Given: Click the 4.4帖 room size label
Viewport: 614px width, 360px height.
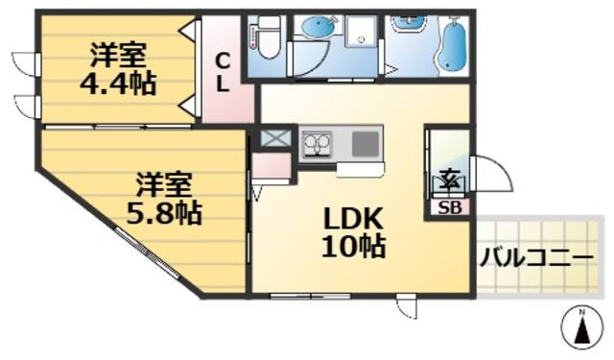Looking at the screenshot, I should (x=117, y=84).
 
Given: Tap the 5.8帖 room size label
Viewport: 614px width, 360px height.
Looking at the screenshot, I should (x=163, y=211).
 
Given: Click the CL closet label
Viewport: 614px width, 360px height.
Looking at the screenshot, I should (x=222, y=72).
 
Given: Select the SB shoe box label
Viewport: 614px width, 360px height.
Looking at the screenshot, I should (x=448, y=206).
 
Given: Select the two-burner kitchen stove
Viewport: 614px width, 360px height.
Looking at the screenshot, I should (x=317, y=145).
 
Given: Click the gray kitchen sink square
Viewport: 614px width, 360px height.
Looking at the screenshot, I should (x=365, y=145).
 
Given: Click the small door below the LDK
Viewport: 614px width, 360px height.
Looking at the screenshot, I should (x=408, y=308).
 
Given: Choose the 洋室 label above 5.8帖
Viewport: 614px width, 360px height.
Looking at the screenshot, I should (x=161, y=182).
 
